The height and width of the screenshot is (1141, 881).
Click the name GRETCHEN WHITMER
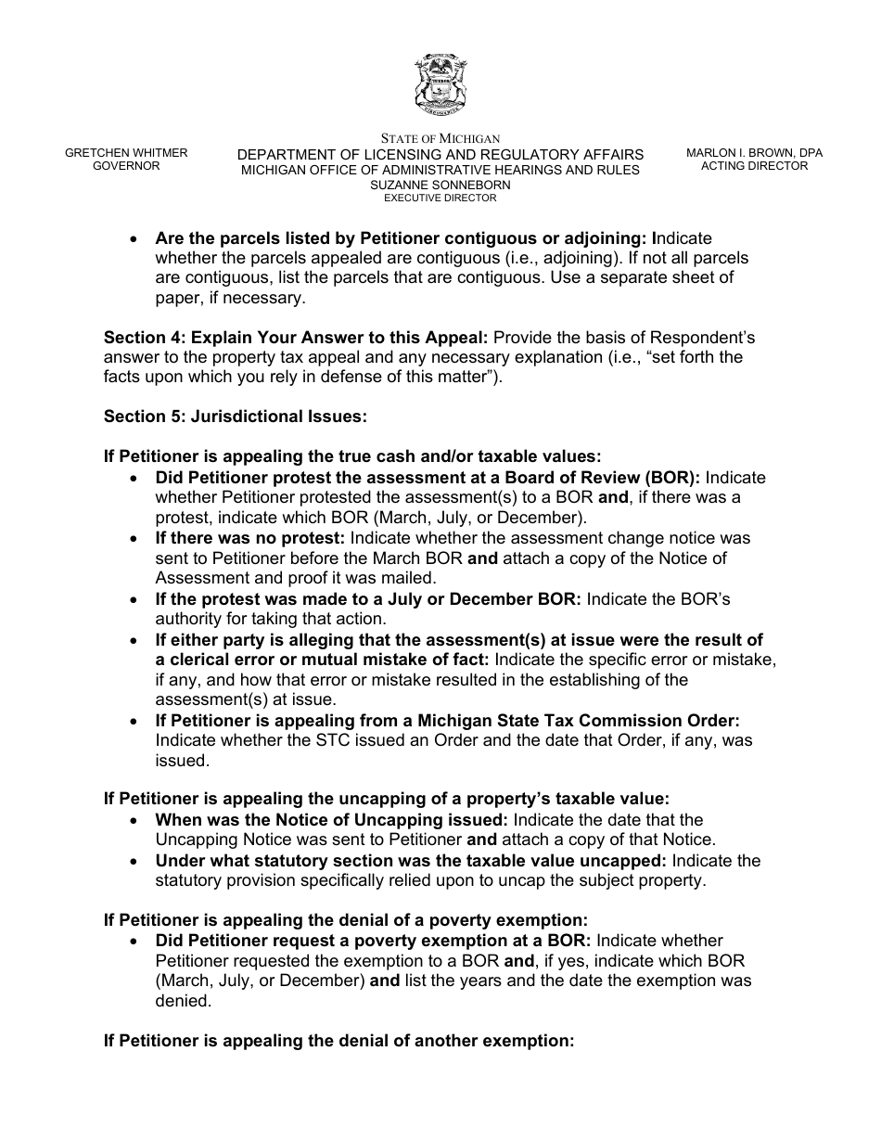(126, 153)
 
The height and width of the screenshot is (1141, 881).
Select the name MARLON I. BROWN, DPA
(754, 153)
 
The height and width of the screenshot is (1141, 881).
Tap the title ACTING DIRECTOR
(754, 166)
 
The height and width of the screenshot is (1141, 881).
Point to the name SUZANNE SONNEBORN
(440, 185)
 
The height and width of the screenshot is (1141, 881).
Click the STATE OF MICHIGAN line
(440, 138)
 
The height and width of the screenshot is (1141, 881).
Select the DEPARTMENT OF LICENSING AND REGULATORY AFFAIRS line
(440, 154)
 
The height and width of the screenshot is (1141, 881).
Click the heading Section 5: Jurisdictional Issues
(236, 417)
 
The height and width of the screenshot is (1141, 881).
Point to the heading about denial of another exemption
(339, 1041)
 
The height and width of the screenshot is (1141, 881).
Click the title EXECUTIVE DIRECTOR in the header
(440, 198)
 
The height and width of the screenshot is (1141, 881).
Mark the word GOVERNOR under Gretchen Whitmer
(126, 166)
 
